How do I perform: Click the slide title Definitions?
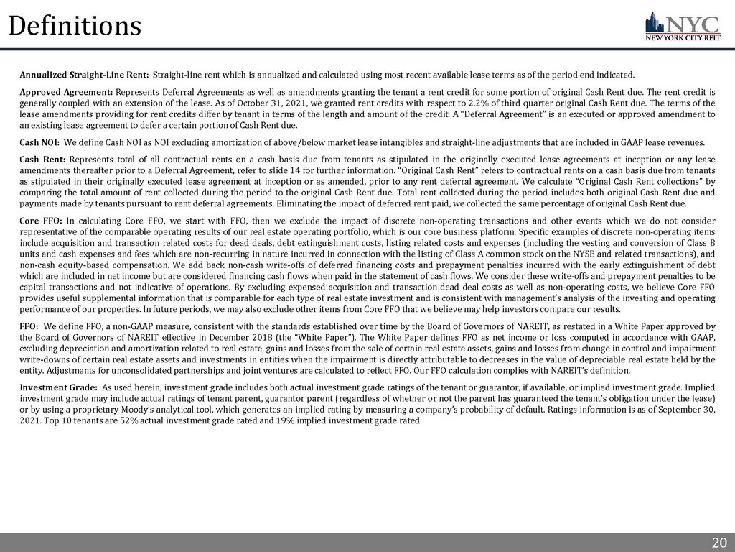(75, 27)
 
